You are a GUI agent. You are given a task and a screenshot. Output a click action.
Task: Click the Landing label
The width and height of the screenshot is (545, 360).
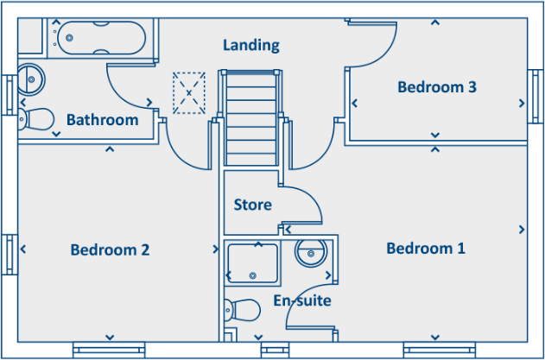click(x=251, y=45)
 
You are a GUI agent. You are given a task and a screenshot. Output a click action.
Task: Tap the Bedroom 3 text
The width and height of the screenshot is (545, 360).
click(x=437, y=87)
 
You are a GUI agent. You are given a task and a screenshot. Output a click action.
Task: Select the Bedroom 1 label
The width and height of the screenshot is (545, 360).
click(x=426, y=249)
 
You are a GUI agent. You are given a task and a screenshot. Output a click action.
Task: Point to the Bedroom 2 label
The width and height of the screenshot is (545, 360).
click(x=110, y=250)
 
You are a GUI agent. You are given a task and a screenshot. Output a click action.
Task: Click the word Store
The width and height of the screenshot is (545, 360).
click(x=253, y=205)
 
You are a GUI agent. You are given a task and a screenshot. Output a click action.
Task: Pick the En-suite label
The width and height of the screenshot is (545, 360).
click(x=302, y=300)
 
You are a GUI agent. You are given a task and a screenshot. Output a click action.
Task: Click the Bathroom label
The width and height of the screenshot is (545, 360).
click(x=102, y=120)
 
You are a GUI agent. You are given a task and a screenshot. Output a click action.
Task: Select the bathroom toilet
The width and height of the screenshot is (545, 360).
click(x=36, y=118)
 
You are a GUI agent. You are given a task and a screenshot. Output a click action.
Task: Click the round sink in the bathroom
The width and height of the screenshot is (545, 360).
click(x=32, y=79)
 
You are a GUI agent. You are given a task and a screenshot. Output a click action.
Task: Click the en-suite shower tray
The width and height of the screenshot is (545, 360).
click(x=252, y=262)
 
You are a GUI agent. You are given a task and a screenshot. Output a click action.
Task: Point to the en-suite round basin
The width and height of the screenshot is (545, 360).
click(x=309, y=253)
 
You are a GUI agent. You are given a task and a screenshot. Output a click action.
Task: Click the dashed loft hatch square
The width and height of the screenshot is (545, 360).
click(x=190, y=92)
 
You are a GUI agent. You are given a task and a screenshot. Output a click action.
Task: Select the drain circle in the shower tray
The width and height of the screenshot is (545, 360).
click(x=252, y=275)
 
